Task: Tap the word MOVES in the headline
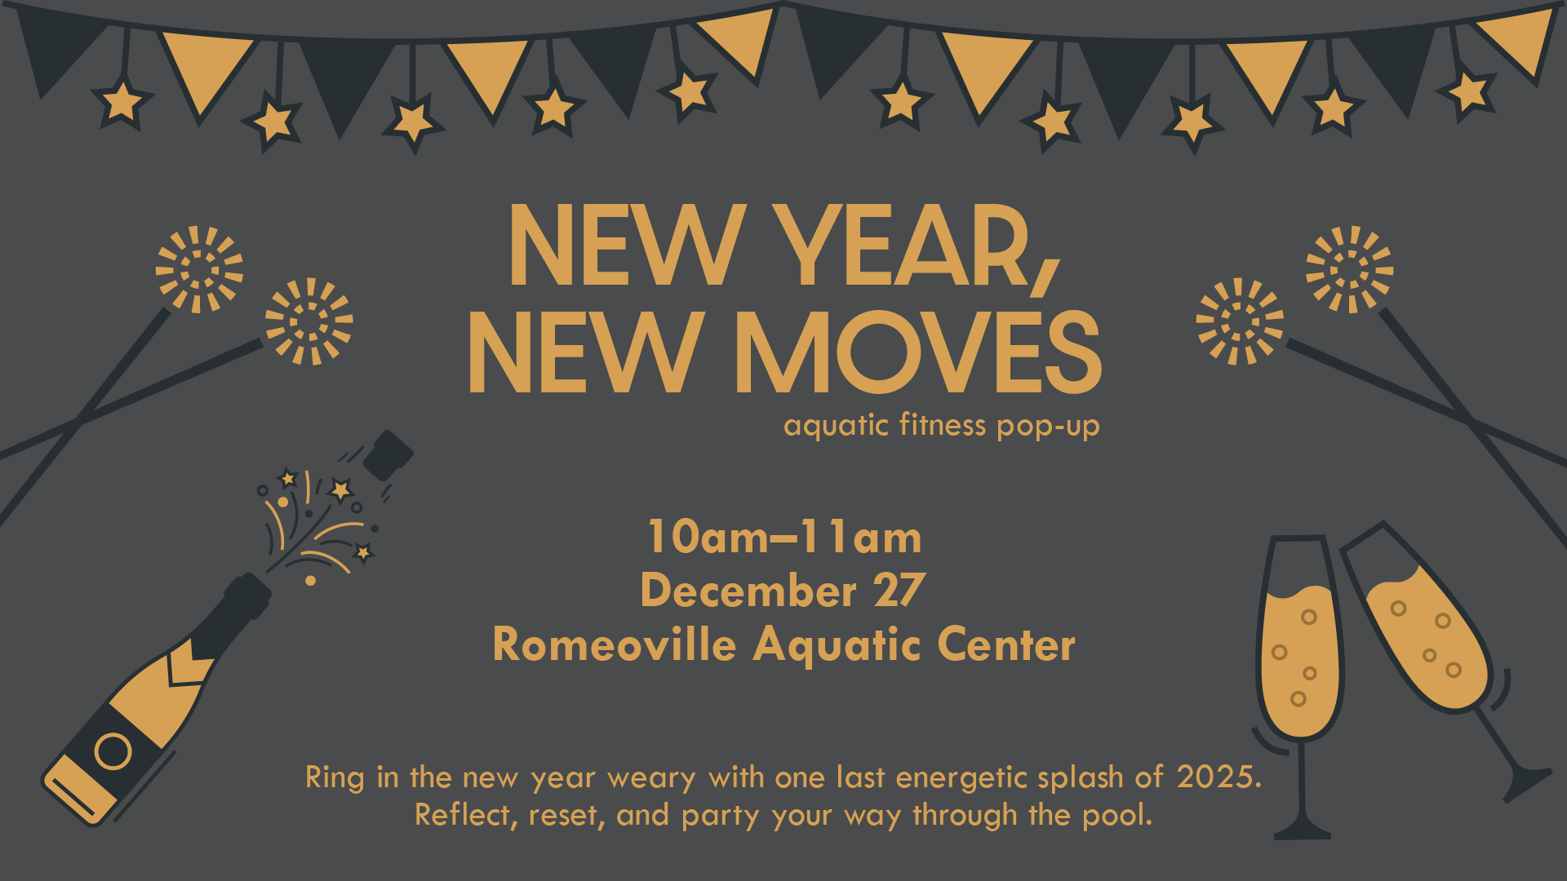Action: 919,352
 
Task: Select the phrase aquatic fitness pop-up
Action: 942,426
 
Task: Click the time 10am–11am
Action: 784,538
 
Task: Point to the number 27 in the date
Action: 899,591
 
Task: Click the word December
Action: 748,591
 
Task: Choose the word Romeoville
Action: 615,644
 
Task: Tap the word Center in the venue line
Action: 1006,644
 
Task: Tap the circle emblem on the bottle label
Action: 113,751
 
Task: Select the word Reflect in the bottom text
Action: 463,816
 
